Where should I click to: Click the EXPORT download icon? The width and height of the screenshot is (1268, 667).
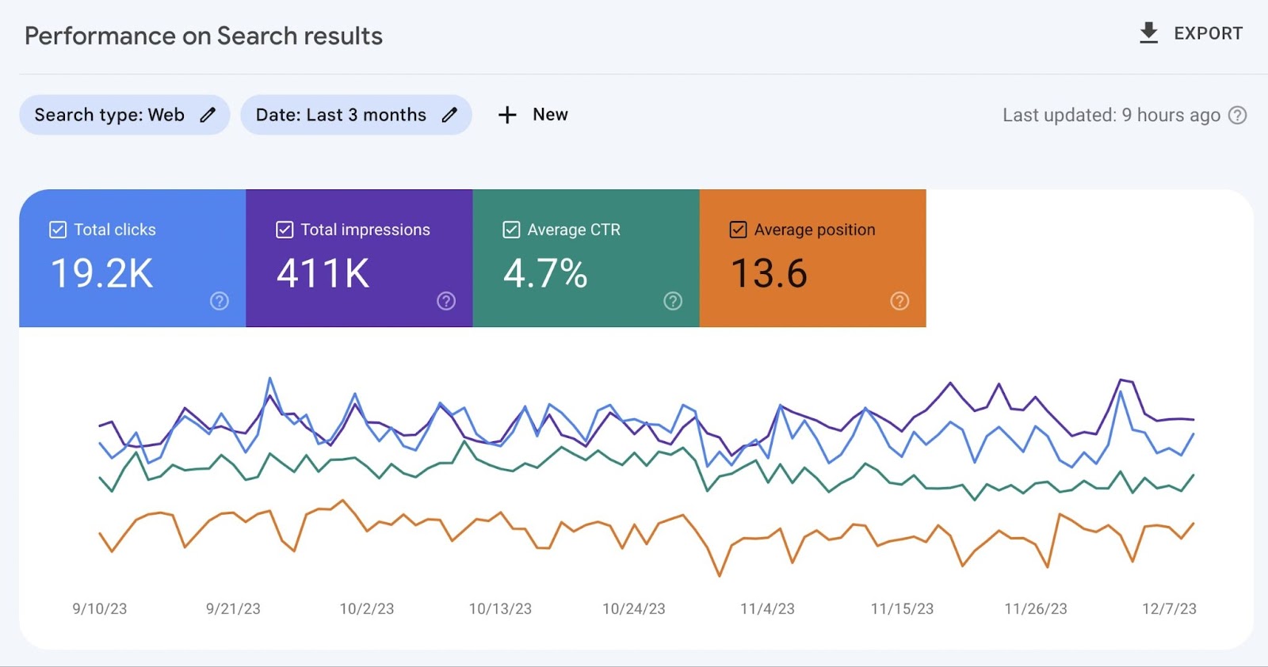pyautogui.click(x=1148, y=33)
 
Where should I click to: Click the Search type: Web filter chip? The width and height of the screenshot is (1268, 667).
pyautogui.click(x=124, y=115)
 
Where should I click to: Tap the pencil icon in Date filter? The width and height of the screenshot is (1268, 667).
pyautogui.click(x=449, y=115)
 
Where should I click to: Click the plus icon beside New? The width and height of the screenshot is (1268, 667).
pyautogui.click(x=507, y=115)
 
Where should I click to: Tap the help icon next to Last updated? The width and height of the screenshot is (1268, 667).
pyautogui.click(x=1237, y=115)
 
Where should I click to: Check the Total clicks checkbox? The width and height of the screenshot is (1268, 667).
pyautogui.click(x=58, y=230)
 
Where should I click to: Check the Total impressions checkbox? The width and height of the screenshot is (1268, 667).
pyautogui.click(x=285, y=230)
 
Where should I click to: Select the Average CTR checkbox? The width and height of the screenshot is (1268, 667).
pyautogui.click(x=511, y=230)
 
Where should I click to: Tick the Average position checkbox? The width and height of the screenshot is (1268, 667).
pyautogui.click(x=738, y=230)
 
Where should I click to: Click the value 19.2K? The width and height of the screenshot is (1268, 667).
pyautogui.click(x=101, y=273)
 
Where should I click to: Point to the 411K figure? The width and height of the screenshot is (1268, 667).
pyautogui.click(x=323, y=273)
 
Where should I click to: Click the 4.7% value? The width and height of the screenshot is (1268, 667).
pyautogui.click(x=545, y=273)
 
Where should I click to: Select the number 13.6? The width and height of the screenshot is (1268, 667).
pyautogui.click(x=768, y=273)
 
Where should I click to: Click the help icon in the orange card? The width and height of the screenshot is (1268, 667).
pyautogui.click(x=899, y=301)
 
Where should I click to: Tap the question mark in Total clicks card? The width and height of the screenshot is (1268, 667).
pyautogui.click(x=220, y=301)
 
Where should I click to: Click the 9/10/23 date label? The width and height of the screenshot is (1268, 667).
pyautogui.click(x=100, y=608)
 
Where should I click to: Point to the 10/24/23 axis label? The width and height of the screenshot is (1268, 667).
pyautogui.click(x=633, y=608)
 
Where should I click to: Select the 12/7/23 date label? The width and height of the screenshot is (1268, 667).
pyautogui.click(x=1169, y=608)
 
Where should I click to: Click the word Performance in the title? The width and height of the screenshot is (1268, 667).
pyautogui.click(x=100, y=36)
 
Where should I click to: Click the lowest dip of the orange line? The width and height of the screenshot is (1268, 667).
pyautogui.click(x=720, y=575)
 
